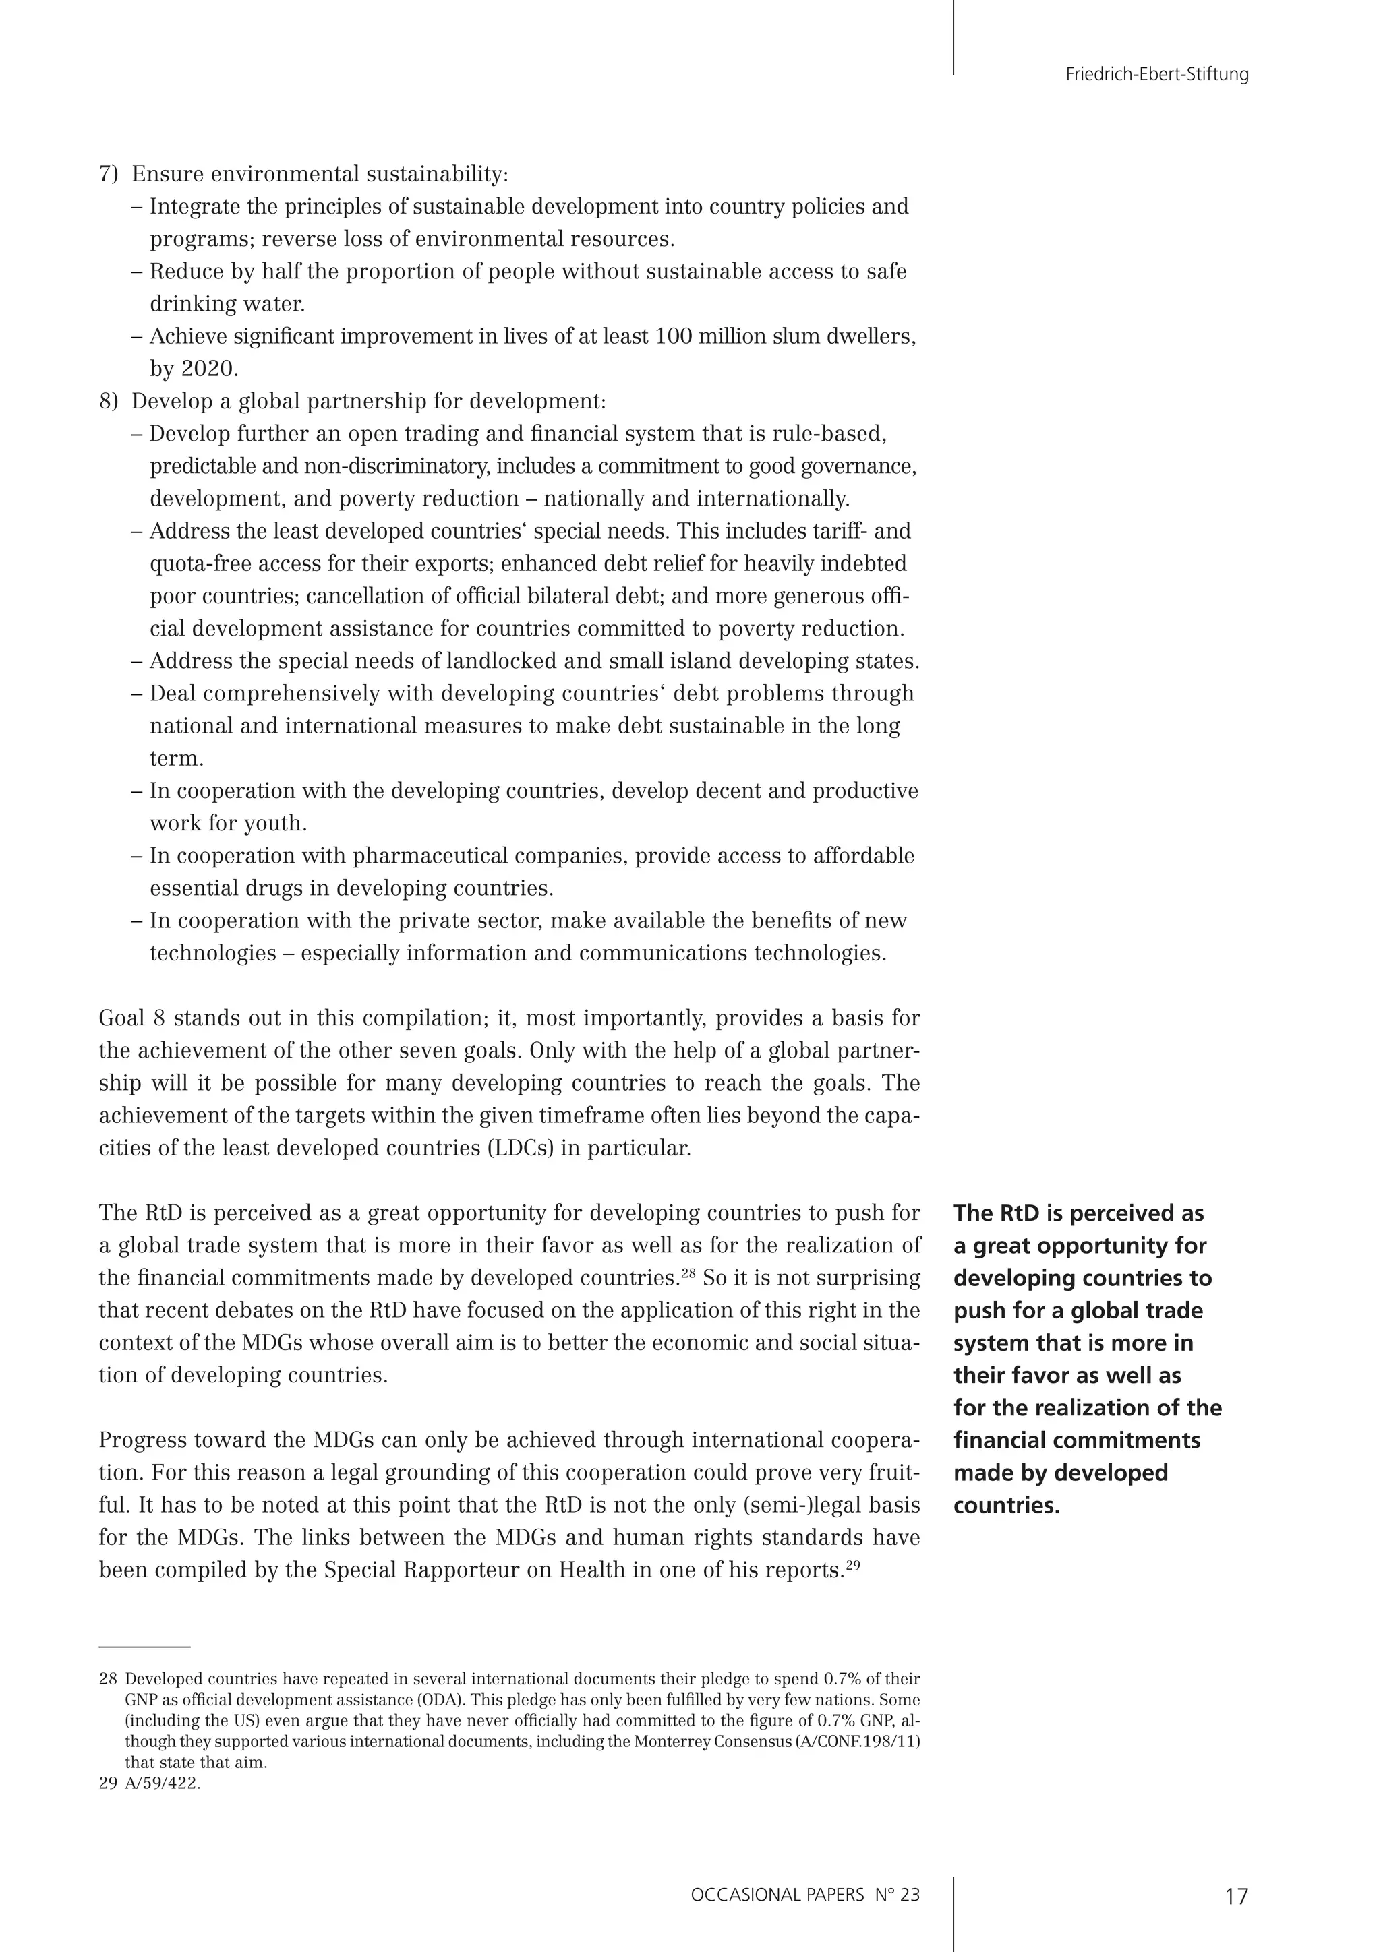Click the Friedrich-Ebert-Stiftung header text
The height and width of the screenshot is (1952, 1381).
point(1156,75)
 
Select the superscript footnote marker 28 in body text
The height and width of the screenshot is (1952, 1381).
point(688,1273)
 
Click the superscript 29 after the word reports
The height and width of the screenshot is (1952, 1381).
point(854,1565)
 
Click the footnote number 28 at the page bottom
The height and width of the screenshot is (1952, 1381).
point(107,1680)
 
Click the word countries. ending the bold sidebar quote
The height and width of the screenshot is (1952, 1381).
point(1007,1506)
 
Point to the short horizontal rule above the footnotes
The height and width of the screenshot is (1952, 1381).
point(144,1647)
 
